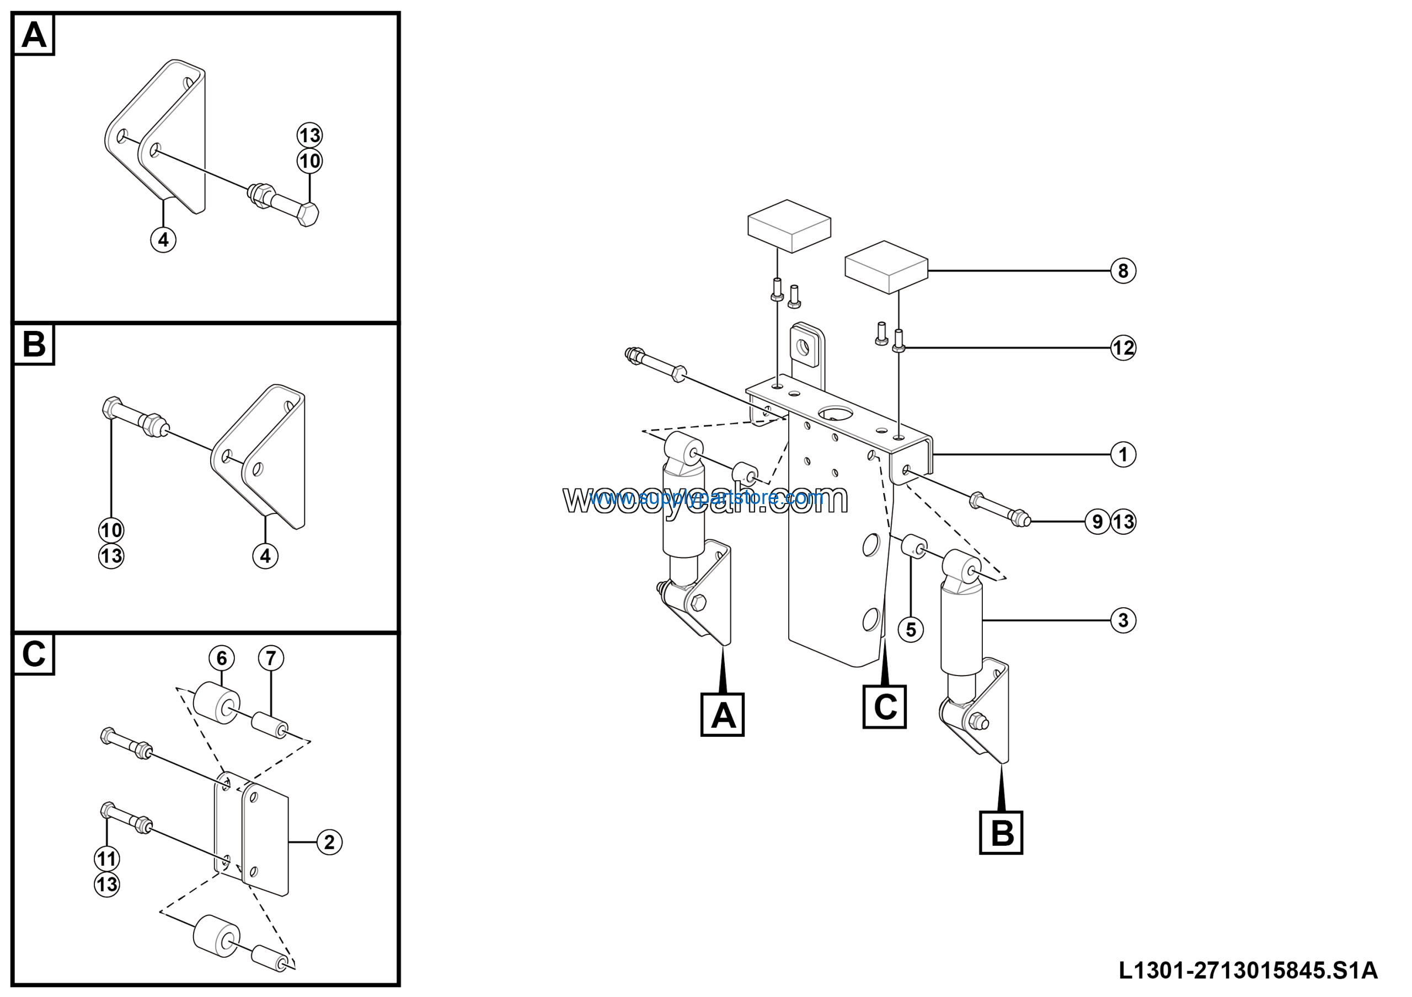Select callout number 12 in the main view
point(1123,348)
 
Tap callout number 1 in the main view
point(1123,455)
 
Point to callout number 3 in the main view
point(1123,620)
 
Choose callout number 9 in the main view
point(1098,522)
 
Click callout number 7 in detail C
point(271,658)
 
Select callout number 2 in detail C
point(329,842)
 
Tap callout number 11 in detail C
point(107,859)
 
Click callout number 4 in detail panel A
point(163,240)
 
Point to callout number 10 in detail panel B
point(111,530)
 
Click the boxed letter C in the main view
point(884,707)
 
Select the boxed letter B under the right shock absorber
point(1001,833)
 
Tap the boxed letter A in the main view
point(723,715)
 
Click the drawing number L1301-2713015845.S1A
point(1248,971)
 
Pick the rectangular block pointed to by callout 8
point(886,266)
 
